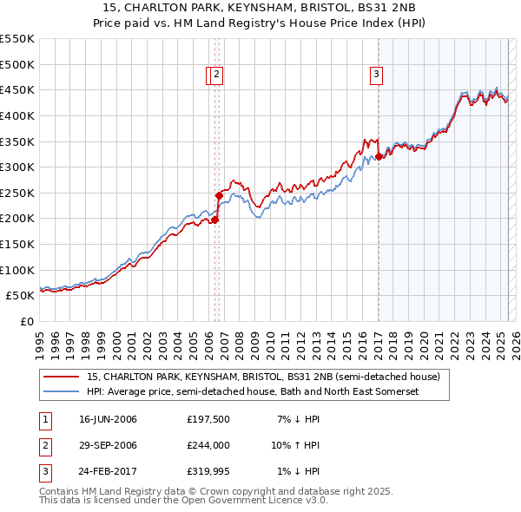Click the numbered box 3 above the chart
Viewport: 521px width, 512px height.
click(377, 75)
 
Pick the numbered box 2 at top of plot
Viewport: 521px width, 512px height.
click(216, 75)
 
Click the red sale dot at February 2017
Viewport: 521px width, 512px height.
click(379, 157)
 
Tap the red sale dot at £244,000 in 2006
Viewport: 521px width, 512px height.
click(219, 196)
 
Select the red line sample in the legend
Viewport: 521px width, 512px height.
click(61, 377)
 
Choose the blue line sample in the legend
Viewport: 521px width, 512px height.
click(61, 392)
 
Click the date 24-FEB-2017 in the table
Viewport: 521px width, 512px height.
click(108, 471)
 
